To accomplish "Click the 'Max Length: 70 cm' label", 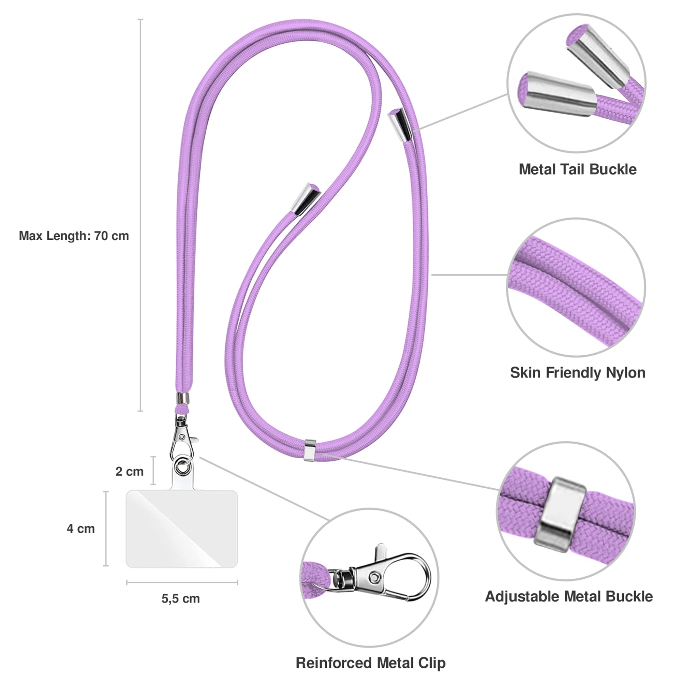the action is click(x=74, y=236).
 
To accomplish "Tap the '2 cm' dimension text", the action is click(x=130, y=471).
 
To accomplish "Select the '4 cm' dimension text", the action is click(x=81, y=529).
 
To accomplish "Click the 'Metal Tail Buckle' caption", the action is click(x=578, y=169).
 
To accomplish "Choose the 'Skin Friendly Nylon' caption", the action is click(x=578, y=372).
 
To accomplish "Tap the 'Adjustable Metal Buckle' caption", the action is click(x=569, y=596).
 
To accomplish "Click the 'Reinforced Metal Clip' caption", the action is click(x=371, y=663).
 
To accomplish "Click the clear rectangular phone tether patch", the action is click(x=182, y=529).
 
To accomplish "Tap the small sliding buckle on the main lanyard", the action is click(x=310, y=450).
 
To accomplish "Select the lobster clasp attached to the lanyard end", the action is click(x=182, y=437).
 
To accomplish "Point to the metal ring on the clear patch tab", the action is click(x=182, y=466).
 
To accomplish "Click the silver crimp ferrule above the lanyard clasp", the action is click(x=183, y=398).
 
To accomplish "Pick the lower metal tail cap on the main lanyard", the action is click(x=306, y=199).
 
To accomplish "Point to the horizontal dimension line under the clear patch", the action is click(x=182, y=582).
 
